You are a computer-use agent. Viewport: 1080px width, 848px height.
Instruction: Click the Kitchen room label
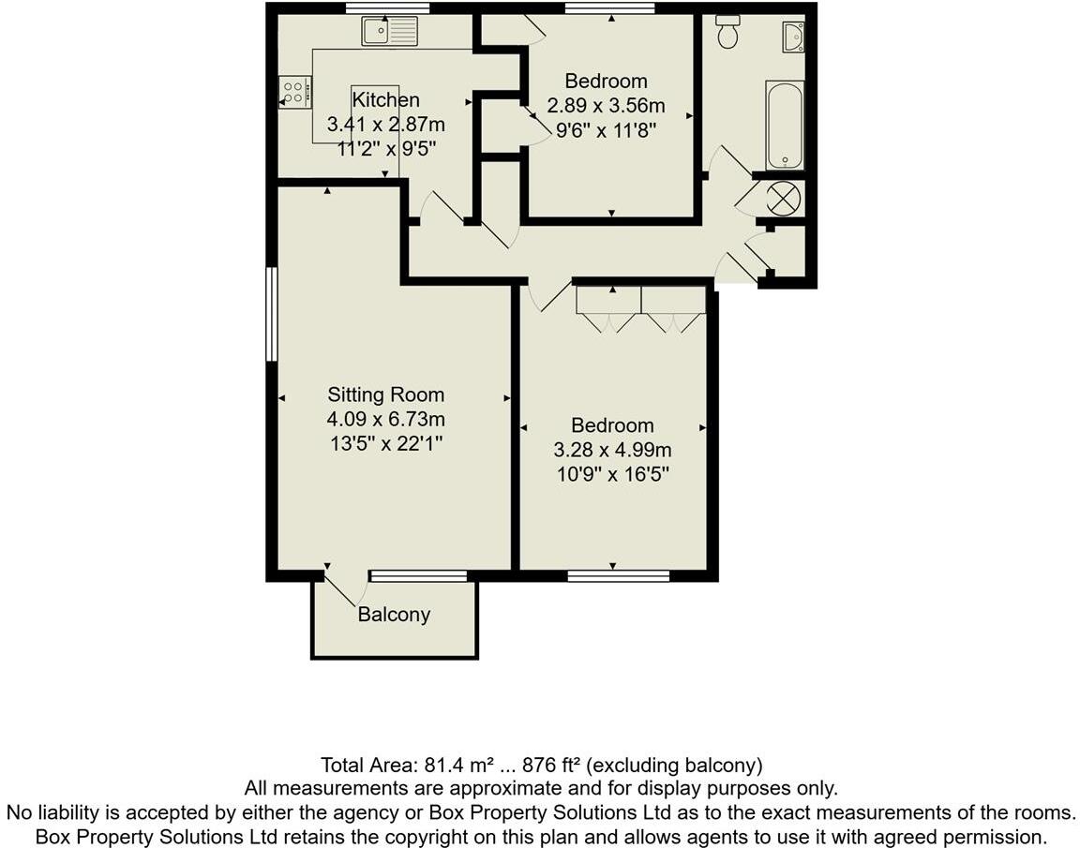pyautogui.click(x=385, y=100)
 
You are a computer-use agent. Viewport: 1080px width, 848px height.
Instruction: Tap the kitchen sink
pyautogui.click(x=390, y=32)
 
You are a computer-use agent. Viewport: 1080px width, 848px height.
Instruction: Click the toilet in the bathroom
pyautogui.click(x=727, y=32)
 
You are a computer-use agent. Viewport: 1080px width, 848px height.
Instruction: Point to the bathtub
pyautogui.click(x=784, y=126)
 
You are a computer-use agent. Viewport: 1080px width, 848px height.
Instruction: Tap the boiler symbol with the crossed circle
pyautogui.click(x=782, y=199)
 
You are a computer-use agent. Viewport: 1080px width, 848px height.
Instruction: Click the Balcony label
pyautogui.click(x=394, y=615)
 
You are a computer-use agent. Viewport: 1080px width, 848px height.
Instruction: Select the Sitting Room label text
pyautogui.click(x=385, y=394)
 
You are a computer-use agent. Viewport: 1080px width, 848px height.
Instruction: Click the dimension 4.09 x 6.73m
pyautogui.click(x=385, y=419)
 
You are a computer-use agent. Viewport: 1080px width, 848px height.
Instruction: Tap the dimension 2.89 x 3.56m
pyautogui.click(x=605, y=106)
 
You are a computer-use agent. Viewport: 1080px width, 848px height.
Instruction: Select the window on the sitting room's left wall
pyautogui.click(x=271, y=314)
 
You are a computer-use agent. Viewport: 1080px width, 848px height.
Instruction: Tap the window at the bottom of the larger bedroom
pyautogui.click(x=618, y=576)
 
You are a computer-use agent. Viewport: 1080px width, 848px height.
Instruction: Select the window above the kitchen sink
pyautogui.click(x=386, y=8)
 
